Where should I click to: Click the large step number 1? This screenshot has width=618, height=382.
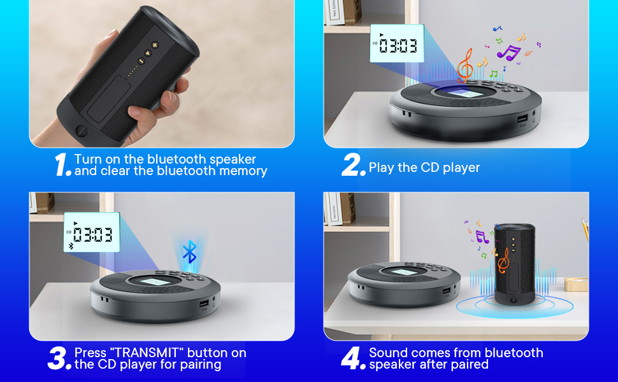[62, 165]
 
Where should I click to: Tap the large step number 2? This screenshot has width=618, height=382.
[352, 165]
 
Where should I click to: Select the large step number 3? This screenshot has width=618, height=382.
[59, 358]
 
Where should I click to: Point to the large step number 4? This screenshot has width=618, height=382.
[353, 358]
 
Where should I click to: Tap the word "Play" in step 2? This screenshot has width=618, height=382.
[381, 168]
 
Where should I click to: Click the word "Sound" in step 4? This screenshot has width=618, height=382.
[389, 353]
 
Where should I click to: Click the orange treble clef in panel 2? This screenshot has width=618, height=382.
[465, 64]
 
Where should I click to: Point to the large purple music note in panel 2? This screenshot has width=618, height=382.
[508, 52]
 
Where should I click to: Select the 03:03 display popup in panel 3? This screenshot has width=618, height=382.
[92, 233]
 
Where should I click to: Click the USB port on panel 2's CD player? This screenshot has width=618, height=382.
[522, 119]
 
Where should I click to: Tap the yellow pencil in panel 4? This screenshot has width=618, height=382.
[584, 229]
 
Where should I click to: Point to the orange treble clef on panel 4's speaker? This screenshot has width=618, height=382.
[503, 259]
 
